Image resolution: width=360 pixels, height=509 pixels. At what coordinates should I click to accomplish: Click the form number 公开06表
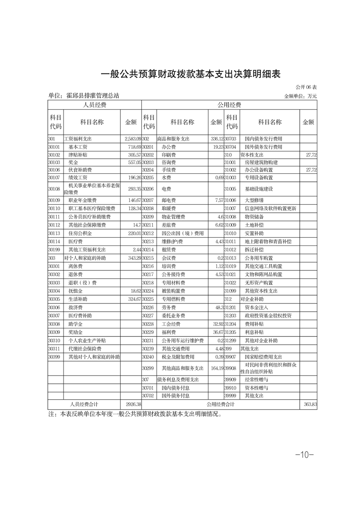[306, 87]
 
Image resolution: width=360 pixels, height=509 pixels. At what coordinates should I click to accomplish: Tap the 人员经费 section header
[94, 105]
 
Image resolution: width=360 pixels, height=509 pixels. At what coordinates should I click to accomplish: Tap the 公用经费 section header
[229, 105]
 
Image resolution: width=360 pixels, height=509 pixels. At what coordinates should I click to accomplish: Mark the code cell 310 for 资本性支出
[228, 155]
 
